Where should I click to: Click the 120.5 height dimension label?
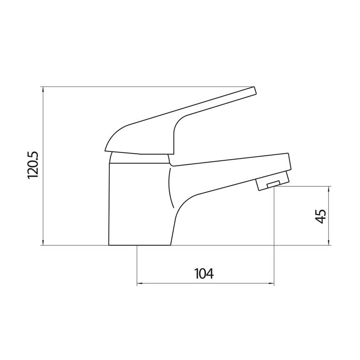(x=35, y=166)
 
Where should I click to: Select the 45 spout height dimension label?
(x=320, y=216)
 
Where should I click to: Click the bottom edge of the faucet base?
(x=139, y=246)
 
